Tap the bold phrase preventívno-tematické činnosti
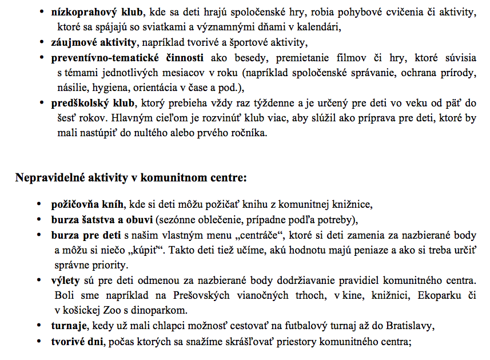(128, 58)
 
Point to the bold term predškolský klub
(93, 103)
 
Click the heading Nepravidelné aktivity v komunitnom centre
(130, 177)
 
